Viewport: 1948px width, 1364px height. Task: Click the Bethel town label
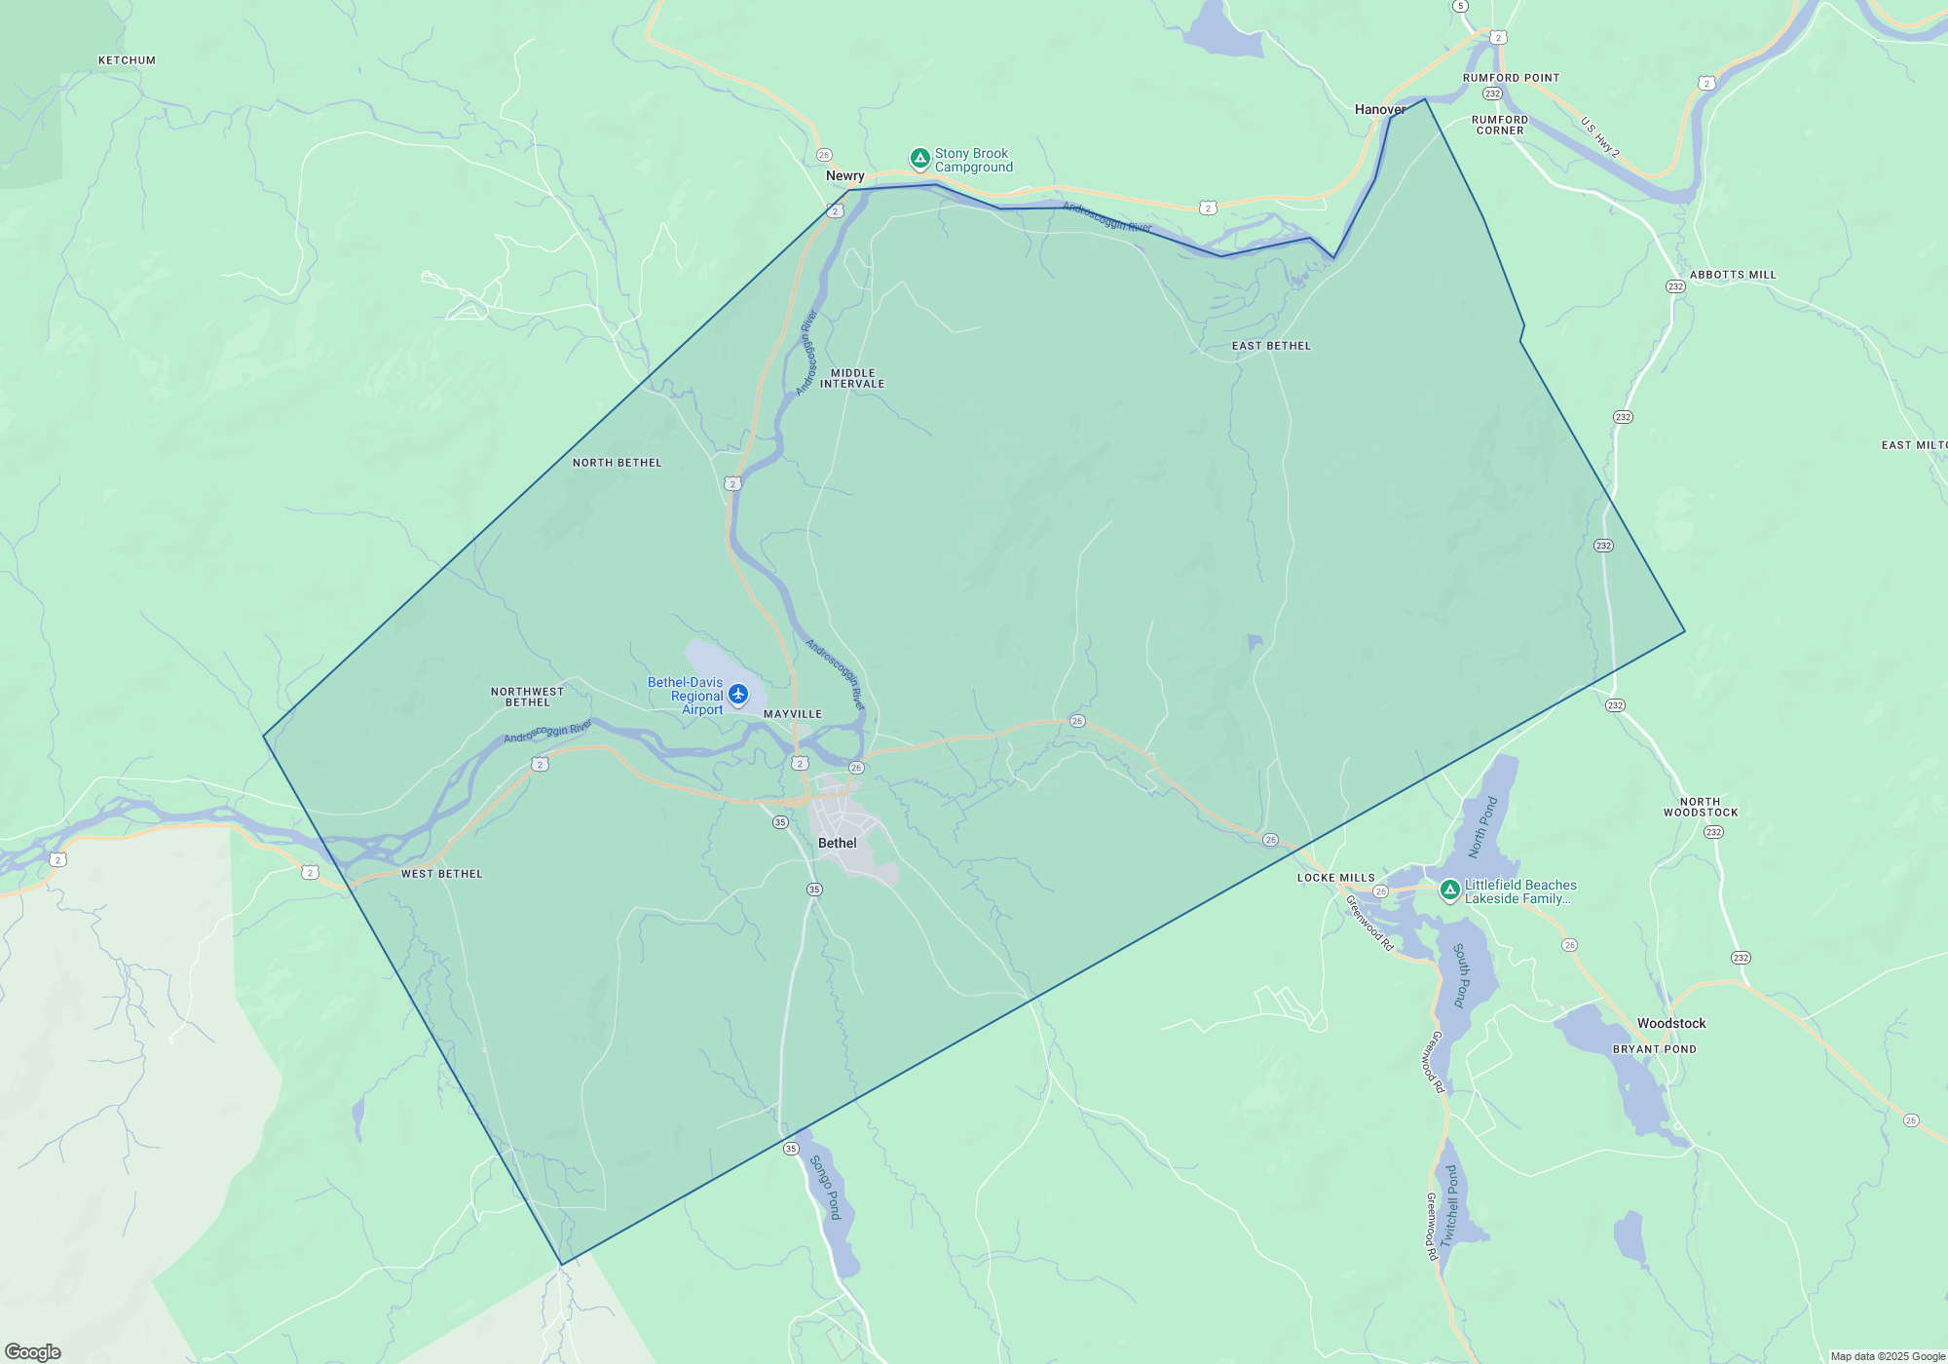838,843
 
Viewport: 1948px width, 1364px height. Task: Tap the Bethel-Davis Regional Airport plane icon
738,694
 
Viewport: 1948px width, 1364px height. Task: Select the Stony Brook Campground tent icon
919,158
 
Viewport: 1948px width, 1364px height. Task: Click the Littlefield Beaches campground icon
1450,890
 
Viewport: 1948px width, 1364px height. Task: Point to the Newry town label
844,176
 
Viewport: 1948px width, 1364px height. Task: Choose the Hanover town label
1379,109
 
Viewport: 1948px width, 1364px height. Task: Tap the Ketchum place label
127,60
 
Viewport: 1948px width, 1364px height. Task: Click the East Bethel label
1271,346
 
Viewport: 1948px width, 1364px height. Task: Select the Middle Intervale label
852,379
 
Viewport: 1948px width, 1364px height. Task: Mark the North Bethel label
617,463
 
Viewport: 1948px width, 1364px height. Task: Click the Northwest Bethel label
527,697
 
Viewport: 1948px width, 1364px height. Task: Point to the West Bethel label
441,874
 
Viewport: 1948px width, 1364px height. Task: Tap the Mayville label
792,714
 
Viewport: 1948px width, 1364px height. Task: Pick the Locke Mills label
1335,878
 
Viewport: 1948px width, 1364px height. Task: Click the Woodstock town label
1671,1023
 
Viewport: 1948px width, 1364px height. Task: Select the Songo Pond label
826,1187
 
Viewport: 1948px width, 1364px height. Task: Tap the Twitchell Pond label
1450,1205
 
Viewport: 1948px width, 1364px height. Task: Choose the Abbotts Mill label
1733,275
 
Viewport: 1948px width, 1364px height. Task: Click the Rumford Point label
1511,78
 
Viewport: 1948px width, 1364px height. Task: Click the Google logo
33,1352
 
